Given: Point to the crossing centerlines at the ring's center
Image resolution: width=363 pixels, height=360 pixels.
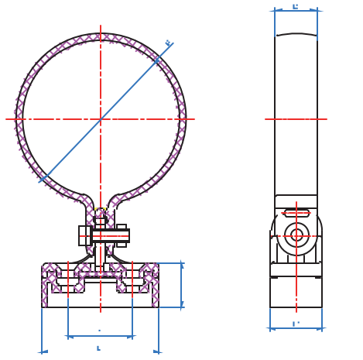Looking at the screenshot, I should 101,119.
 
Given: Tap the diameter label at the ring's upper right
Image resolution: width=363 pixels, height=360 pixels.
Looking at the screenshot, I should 168,43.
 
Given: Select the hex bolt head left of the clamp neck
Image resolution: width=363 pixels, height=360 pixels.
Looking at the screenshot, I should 84,235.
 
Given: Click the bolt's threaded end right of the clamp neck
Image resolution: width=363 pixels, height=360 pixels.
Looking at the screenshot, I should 122,235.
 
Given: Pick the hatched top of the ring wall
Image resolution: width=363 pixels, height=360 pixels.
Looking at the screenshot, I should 101,37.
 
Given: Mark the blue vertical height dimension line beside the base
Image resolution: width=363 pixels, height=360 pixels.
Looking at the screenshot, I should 182,285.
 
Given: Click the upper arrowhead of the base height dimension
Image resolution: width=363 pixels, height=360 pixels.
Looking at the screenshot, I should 182,266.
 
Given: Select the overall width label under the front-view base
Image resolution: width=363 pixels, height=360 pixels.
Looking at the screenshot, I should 98,348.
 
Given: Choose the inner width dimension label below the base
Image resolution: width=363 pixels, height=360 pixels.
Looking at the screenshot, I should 99,331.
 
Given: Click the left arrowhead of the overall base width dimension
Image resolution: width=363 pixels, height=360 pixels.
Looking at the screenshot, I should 44,352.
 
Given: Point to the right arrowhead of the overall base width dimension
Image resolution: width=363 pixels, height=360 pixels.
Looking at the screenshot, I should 156,352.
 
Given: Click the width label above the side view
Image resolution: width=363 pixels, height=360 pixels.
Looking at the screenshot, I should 295,6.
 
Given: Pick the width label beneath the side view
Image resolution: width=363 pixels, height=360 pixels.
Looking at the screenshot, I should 296,324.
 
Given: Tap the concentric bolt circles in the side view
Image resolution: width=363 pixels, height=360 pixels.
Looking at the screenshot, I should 296,235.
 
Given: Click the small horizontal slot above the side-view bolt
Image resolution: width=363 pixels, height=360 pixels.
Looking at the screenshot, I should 296,213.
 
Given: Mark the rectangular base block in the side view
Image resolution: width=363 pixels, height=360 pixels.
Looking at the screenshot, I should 296,292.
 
